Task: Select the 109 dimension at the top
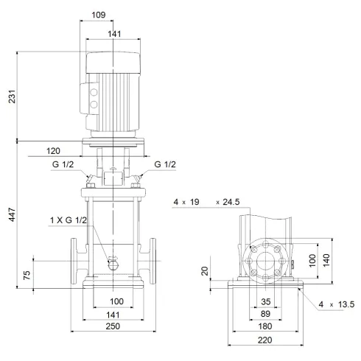(111, 15)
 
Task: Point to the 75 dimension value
(27, 276)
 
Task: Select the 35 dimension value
(266, 301)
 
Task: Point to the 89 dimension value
(266, 313)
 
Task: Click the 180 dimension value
(266, 326)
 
